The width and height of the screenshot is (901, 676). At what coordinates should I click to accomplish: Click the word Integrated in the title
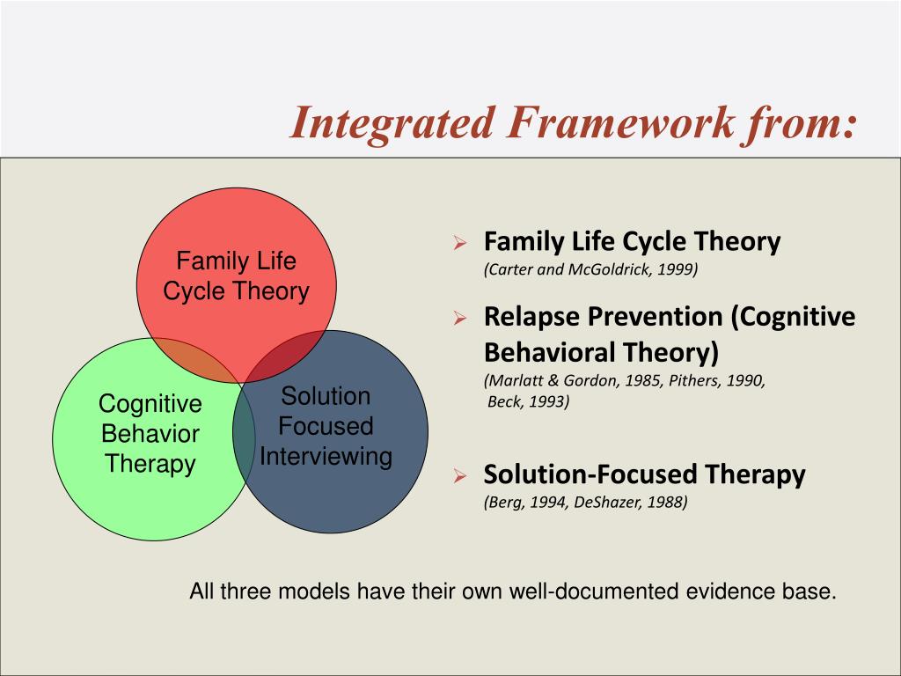(x=392, y=123)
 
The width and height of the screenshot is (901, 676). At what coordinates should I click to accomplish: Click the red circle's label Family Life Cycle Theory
(x=236, y=276)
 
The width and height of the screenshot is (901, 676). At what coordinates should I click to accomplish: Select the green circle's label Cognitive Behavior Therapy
(x=150, y=433)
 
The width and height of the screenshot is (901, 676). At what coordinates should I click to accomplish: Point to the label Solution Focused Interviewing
(x=326, y=426)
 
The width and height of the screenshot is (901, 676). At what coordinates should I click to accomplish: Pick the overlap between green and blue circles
(x=244, y=432)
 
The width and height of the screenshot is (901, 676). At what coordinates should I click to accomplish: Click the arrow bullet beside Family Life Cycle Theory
(x=459, y=242)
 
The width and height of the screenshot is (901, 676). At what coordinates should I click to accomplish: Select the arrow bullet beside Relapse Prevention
(x=459, y=317)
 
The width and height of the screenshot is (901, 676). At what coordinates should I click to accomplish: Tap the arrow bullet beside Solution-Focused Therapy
(x=459, y=475)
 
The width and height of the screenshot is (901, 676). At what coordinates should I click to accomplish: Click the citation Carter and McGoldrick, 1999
(x=590, y=269)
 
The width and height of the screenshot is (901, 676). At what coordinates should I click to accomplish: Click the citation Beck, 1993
(x=528, y=401)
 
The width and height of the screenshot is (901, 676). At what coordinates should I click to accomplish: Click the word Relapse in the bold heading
(x=531, y=317)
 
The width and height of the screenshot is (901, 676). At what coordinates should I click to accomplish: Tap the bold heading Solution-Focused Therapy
(x=644, y=474)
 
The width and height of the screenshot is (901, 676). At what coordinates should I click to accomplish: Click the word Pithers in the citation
(x=690, y=380)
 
